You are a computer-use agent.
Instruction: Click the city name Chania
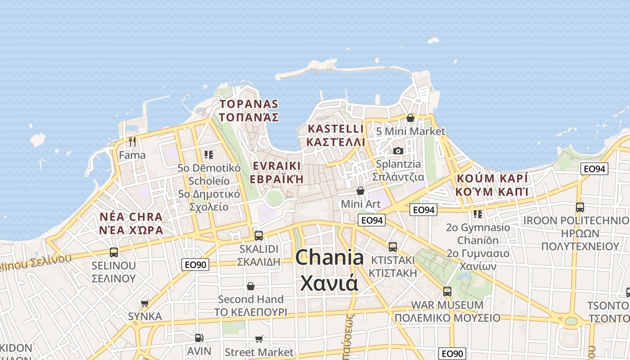pyautogui.click(x=329, y=258)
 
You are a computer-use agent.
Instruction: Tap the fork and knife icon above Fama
pyautogui.click(x=132, y=142)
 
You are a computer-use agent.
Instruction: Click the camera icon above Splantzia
pyautogui.click(x=398, y=151)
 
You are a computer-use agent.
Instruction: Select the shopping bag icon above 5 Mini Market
pyautogui.click(x=410, y=118)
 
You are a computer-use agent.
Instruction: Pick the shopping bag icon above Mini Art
pyautogui.click(x=360, y=191)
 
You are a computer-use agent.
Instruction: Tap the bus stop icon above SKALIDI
pyautogui.click(x=259, y=235)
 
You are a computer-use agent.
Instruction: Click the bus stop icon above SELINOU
pyautogui.click(x=114, y=252)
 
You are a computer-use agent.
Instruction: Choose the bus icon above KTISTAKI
pyautogui.click(x=393, y=247)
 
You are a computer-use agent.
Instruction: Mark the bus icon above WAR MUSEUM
pyautogui.click(x=447, y=291)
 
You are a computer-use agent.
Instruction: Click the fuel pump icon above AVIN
pyautogui.click(x=199, y=337)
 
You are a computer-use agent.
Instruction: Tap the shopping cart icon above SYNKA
pyautogui.click(x=144, y=303)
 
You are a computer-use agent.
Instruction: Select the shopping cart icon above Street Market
pyautogui.click(x=259, y=339)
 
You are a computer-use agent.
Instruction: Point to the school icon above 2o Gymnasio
pyautogui.click(x=478, y=214)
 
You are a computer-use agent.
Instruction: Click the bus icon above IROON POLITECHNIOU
pyautogui.click(x=580, y=207)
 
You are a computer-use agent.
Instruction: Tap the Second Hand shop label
pyautogui.click(x=251, y=299)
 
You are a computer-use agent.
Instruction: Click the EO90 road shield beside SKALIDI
pyautogui.click(x=196, y=265)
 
